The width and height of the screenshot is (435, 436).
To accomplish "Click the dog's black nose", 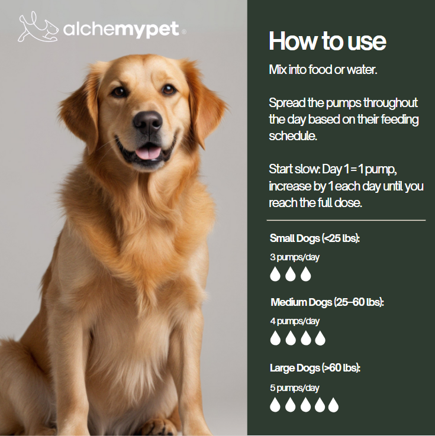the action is click(148, 122).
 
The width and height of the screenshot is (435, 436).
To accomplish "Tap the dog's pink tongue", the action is click(149, 153).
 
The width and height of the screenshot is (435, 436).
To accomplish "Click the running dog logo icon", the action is click(38, 27).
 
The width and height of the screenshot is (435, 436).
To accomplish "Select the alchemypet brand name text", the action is click(121, 29).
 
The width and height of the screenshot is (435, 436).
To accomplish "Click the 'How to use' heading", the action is click(327, 41).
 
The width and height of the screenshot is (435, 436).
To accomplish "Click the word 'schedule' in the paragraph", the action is click(292, 136).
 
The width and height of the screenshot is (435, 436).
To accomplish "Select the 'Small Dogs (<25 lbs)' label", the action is click(315, 238).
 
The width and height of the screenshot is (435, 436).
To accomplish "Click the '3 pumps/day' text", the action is click(295, 257).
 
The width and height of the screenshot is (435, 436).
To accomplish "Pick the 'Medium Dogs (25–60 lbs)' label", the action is click(327, 302).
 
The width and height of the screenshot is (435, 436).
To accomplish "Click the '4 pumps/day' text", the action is click(295, 321).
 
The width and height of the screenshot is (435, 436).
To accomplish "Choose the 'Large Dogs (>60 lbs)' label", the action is click(315, 368).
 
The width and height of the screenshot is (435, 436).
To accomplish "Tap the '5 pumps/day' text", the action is click(295, 388).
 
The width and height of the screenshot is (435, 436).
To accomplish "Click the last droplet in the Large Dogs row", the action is click(333, 405).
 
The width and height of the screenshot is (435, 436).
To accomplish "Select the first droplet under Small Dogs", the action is click(275, 274).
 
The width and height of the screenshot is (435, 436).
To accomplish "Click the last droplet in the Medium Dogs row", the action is click(320, 338).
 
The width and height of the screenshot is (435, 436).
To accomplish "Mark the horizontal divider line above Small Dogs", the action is click(346, 220).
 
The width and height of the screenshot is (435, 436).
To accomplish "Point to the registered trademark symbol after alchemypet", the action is click(183, 32).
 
